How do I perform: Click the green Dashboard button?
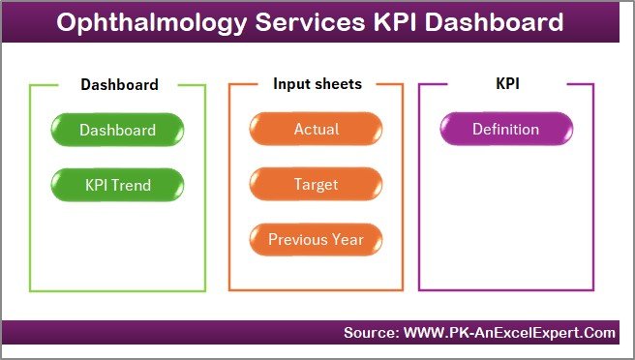coord(117,130)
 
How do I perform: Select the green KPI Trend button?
coord(117,184)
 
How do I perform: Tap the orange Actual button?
coord(316,130)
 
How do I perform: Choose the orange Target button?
coord(316,184)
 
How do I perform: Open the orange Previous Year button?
coord(316,239)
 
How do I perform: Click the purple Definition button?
coord(505,130)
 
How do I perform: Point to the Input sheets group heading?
coord(317,84)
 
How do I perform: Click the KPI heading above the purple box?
coord(506,84)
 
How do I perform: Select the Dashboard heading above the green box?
coord(118,84)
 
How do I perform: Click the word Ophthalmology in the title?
coord(140,23)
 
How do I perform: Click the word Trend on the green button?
coord(132,184)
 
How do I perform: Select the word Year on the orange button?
coord(348,239)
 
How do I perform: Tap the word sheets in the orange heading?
coord(336,84)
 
